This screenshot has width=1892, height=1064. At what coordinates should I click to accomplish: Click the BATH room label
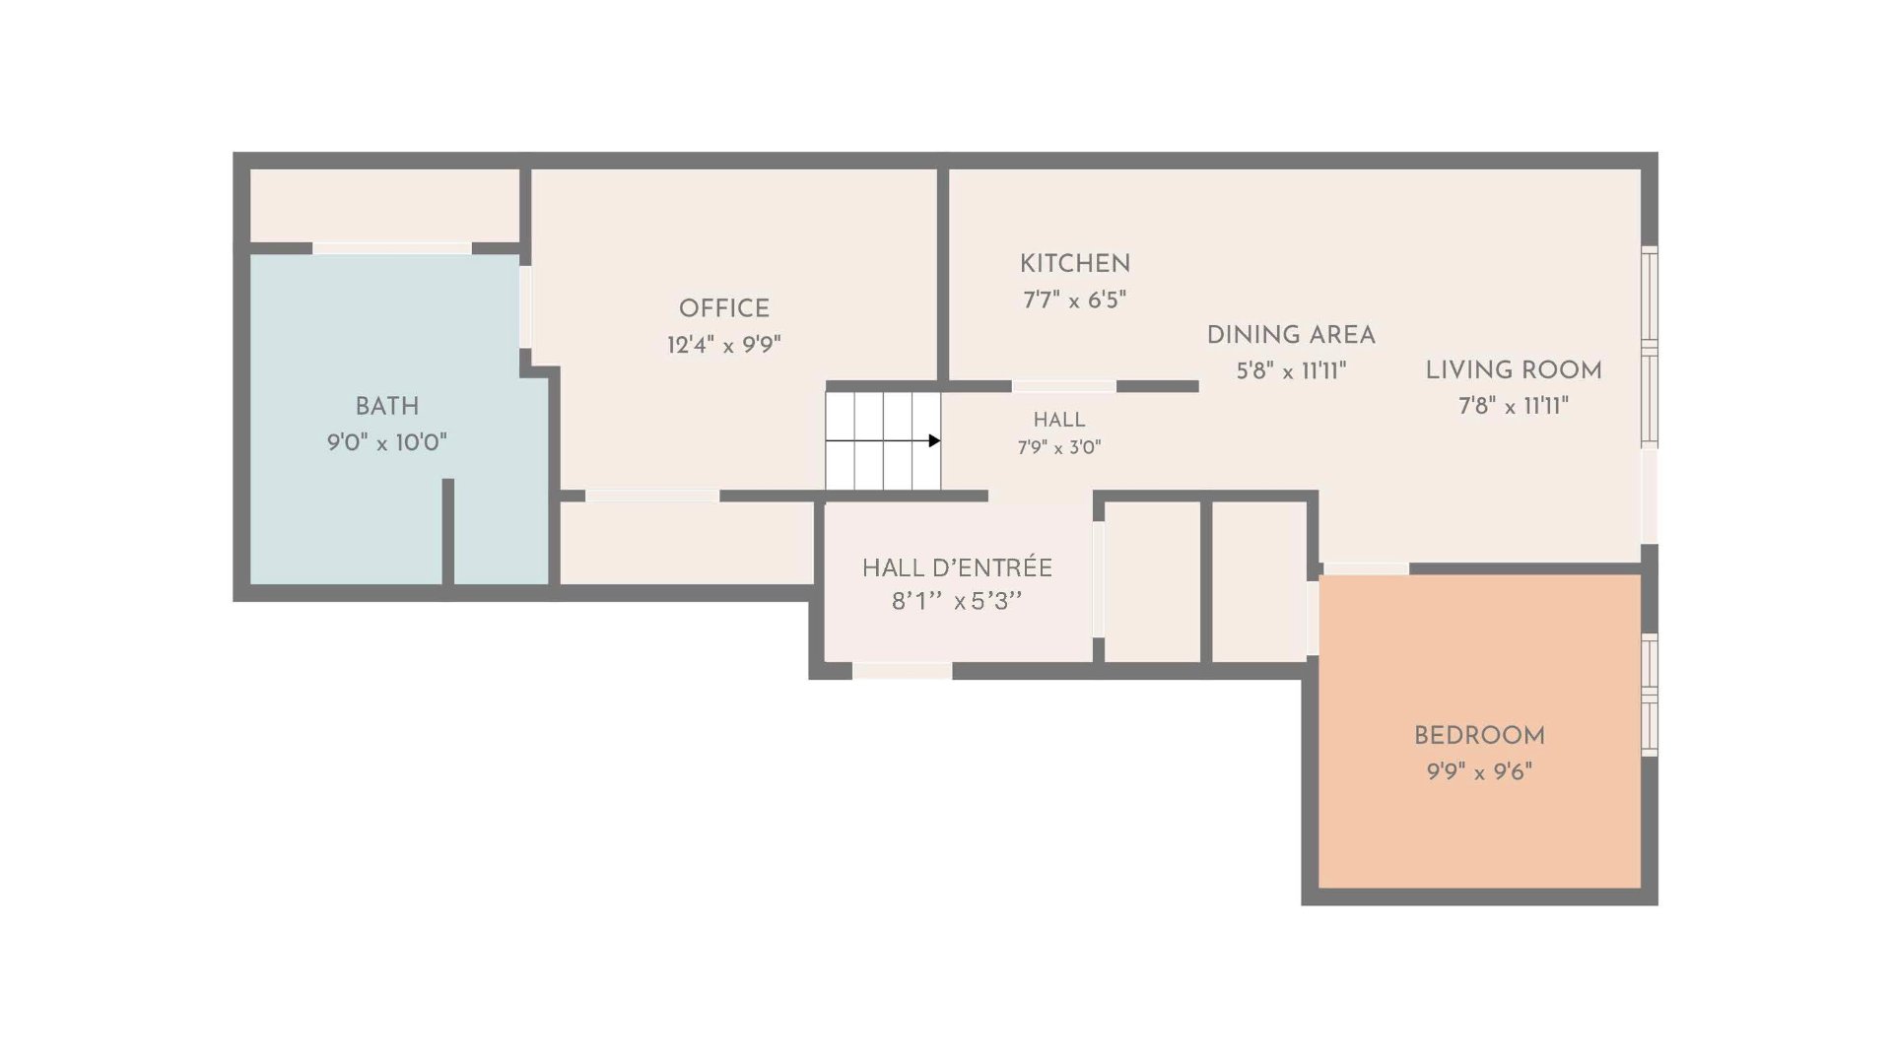387,406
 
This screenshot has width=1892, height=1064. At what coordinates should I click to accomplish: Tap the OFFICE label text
724,308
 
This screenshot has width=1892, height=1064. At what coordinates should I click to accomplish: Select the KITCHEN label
1075,264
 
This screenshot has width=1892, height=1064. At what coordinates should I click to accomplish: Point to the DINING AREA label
1291,335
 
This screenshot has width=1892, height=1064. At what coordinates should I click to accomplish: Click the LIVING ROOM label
1514,370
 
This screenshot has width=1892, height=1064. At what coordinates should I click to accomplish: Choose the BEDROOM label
1479,736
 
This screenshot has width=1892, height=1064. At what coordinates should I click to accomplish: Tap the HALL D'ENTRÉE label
957,567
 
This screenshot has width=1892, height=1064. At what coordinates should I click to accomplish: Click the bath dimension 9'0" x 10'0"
387,442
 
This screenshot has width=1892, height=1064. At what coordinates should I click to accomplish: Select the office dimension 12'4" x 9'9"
724,345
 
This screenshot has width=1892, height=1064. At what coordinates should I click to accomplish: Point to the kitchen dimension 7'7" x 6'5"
1075,299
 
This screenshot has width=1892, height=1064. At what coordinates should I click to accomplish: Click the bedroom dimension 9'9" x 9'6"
1479,771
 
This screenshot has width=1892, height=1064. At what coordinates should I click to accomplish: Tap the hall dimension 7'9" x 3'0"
1059,447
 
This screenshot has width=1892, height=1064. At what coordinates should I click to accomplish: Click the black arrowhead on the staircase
934,440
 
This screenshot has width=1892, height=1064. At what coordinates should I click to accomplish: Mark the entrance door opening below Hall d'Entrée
902,671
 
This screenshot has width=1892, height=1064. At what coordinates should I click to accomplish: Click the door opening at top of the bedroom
1365,568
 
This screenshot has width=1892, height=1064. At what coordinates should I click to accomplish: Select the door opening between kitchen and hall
1064,386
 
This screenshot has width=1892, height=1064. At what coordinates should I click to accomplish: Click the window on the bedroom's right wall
1650,695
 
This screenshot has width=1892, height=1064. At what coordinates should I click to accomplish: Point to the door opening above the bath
392,248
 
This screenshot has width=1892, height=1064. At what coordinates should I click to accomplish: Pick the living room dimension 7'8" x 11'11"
1514,406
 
